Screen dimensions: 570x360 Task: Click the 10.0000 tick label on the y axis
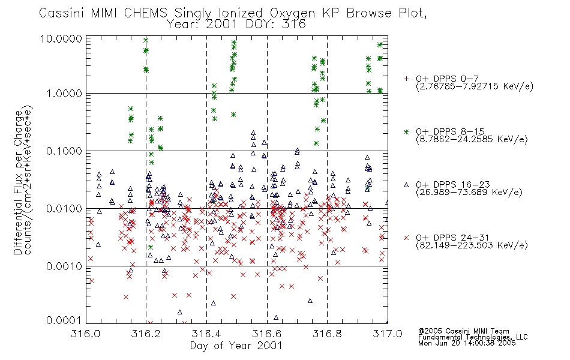[61, 38]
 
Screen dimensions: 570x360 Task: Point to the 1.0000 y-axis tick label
[64, 94]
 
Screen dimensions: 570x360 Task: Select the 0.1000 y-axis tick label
[64, 151]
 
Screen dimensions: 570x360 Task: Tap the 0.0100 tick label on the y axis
[64, 209]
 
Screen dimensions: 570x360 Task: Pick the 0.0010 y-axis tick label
[64, 266]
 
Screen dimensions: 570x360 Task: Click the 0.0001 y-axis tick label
[64, 320]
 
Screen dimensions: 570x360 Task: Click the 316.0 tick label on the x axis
[86, 334]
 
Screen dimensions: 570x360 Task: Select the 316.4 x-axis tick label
[206, 334]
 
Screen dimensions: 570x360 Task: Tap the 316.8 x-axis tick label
[327, 334]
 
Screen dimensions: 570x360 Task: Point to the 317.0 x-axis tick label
[388, 334]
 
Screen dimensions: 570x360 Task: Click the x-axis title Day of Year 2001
[236, 345]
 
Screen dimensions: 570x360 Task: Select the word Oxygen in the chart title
[293, 13]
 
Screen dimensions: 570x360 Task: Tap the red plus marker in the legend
[406, 79]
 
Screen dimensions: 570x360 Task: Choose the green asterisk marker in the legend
[406, 131]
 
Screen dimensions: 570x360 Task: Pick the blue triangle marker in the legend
[406, 185]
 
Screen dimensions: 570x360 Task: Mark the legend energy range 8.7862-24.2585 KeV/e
[472, 139]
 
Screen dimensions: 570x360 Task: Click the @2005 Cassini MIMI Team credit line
[464, 331]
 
